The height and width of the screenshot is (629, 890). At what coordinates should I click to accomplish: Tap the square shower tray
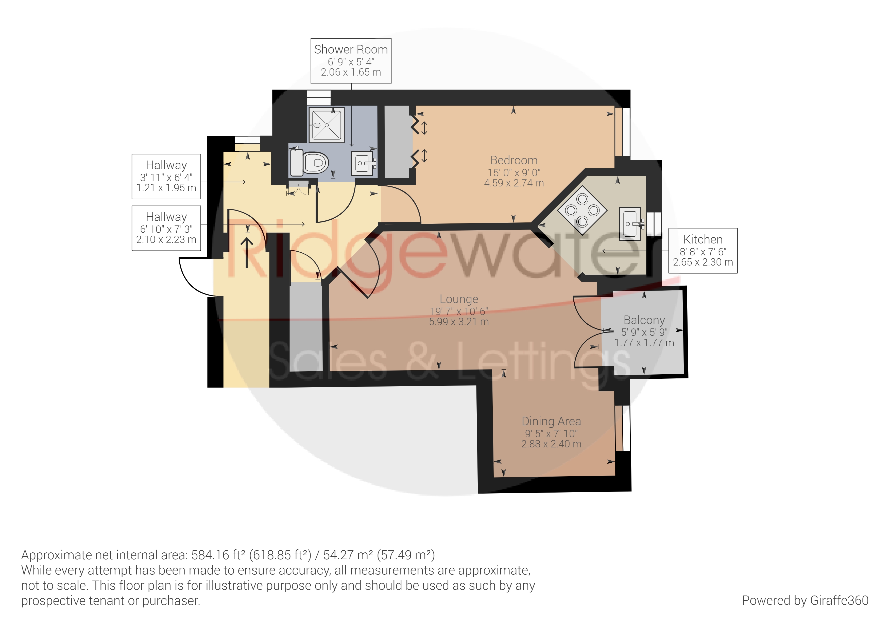(x=326, y=125)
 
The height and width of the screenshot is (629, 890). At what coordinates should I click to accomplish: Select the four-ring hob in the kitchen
(x=582, y=211)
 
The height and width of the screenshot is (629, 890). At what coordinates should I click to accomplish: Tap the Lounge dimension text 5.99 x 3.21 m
(x=459, y=322)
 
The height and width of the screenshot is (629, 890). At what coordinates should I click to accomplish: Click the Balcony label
(x=644, y=320)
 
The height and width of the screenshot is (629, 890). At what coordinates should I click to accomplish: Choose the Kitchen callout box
(x=703, y=251)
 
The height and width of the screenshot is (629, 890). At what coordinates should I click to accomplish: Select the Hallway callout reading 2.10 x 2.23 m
(x=166, y=228)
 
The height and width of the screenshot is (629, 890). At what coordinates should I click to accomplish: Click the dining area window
(x=623, y=428)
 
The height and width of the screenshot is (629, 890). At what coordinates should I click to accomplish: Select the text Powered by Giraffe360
(x=805, y=600)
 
